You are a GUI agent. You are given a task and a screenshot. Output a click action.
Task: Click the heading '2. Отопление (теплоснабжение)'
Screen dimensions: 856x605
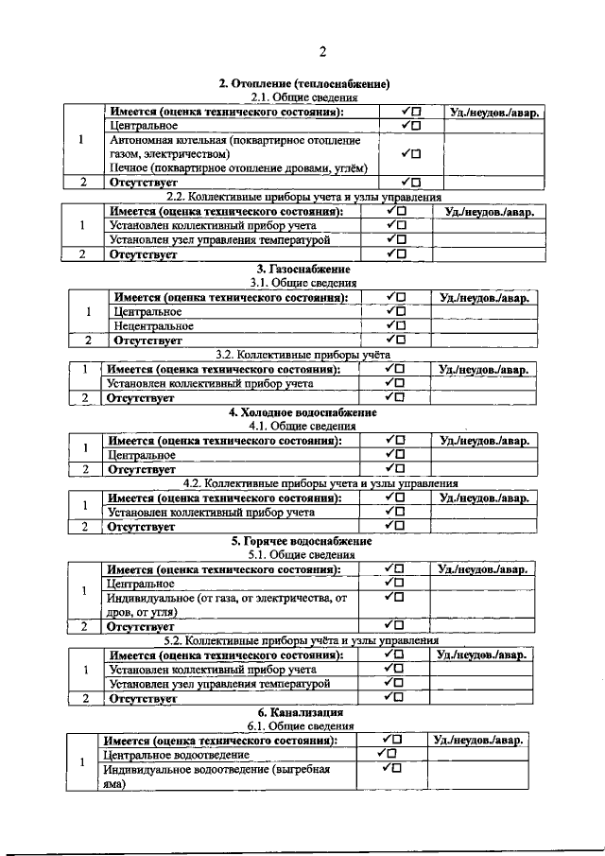click(303, 84)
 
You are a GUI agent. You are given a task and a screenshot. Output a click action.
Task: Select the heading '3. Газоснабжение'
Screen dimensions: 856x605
click(302, 270)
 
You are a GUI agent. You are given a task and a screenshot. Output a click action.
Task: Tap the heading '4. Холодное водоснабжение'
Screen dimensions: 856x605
click(302, 413)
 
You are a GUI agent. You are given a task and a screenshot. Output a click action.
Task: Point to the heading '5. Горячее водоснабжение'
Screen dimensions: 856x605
click(302, 541)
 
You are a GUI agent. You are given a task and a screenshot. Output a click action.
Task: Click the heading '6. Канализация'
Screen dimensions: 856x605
click(302, 711)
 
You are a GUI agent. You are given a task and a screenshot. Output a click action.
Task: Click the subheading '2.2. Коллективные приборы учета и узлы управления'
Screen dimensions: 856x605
click(302, 196)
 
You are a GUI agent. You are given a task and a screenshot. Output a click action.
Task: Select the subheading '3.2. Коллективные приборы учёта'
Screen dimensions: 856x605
click(302, 354)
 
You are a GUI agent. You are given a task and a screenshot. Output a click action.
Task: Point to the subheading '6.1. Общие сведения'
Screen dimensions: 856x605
click(302, 725)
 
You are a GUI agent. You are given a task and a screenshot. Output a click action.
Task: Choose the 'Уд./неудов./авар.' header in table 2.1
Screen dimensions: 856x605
click(494, 113)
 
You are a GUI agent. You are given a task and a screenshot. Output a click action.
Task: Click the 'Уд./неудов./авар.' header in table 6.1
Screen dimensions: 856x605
click(478, 740)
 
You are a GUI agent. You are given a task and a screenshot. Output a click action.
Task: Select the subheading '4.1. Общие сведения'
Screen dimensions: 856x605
click(302, 427)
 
